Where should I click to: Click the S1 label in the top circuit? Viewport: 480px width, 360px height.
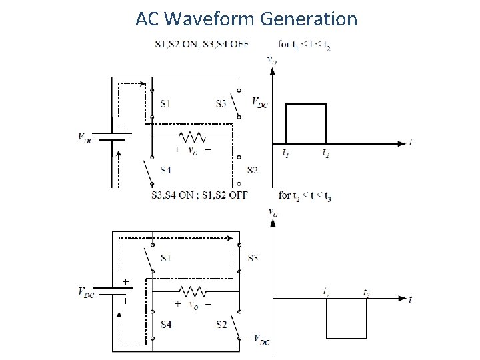165,103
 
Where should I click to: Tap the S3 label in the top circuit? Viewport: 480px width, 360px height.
221,103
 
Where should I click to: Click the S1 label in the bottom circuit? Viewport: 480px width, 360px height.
165,257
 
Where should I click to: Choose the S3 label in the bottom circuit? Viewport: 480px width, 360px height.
252,257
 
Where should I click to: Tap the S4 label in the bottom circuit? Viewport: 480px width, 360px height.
165,325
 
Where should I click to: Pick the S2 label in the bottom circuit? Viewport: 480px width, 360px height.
223,325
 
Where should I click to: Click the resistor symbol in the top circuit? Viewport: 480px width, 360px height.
192,138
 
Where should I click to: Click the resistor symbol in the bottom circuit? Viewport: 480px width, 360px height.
192,291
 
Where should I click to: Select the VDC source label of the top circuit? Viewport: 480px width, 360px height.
87,139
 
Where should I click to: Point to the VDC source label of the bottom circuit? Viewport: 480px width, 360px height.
87,292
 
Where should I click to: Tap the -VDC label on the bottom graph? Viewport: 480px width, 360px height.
259,339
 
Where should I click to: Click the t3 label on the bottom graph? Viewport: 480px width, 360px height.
367,291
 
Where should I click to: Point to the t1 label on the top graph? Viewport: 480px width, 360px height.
286,153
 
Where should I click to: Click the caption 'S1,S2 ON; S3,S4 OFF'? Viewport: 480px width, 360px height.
201,45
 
